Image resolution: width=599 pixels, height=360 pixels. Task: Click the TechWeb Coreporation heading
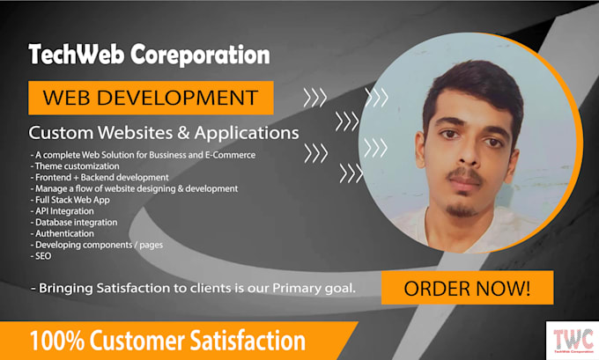point(149,55)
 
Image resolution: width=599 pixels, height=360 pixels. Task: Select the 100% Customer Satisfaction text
point(167,341)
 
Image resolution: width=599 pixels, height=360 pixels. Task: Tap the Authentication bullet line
point(64,233)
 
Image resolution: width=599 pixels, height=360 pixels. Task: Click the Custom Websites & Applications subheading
point(163,133)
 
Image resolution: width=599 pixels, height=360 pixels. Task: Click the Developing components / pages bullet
point(97,245)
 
